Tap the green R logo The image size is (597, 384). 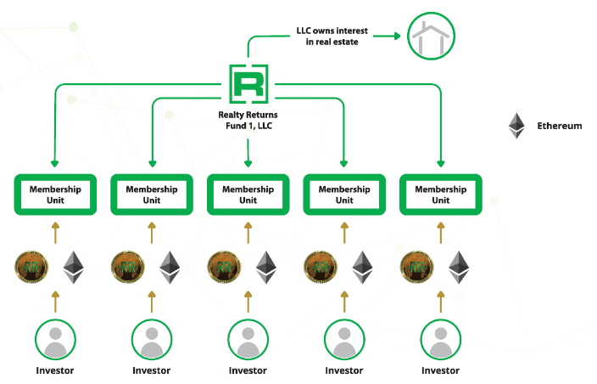click(x=248, y=85)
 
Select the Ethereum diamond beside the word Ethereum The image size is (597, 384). click(x=516, y=126)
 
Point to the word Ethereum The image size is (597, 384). click(x=560, y=126)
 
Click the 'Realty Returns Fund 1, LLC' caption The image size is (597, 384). click(x=248, y=120)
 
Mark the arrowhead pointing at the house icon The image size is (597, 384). click(x=394, y=36)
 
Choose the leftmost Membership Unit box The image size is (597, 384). click(x=55, y=195)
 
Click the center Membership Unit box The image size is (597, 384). click(x=248, y=195)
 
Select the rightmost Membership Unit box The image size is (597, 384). click(x=441, y=195)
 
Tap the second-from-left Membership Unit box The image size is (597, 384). click(x=152, y=195)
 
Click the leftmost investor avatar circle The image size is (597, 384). click(x=55, y=339)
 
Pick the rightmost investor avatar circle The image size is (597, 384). click(x=441, y=339)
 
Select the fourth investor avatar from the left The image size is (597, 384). click(x=344, y=339)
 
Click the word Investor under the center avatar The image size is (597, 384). click(x=248, y=371)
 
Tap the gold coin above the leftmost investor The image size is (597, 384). click(x=31, y=267)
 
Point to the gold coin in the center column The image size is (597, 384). click(x=224, y=267)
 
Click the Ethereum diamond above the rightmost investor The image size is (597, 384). click(x=460, y=267)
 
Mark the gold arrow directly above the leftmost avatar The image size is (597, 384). click(x=55, y=301)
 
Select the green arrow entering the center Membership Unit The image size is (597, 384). click(x=248, y=157)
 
